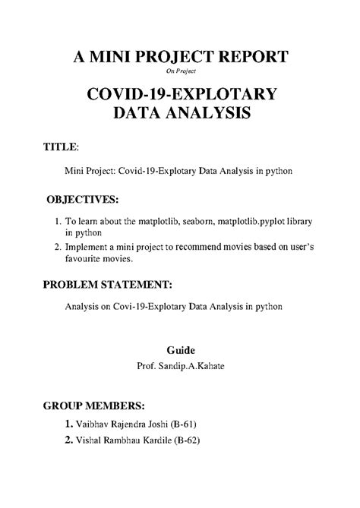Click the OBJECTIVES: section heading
pos(82,200)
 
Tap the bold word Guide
pos(181,350)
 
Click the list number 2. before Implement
pos(58,247)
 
